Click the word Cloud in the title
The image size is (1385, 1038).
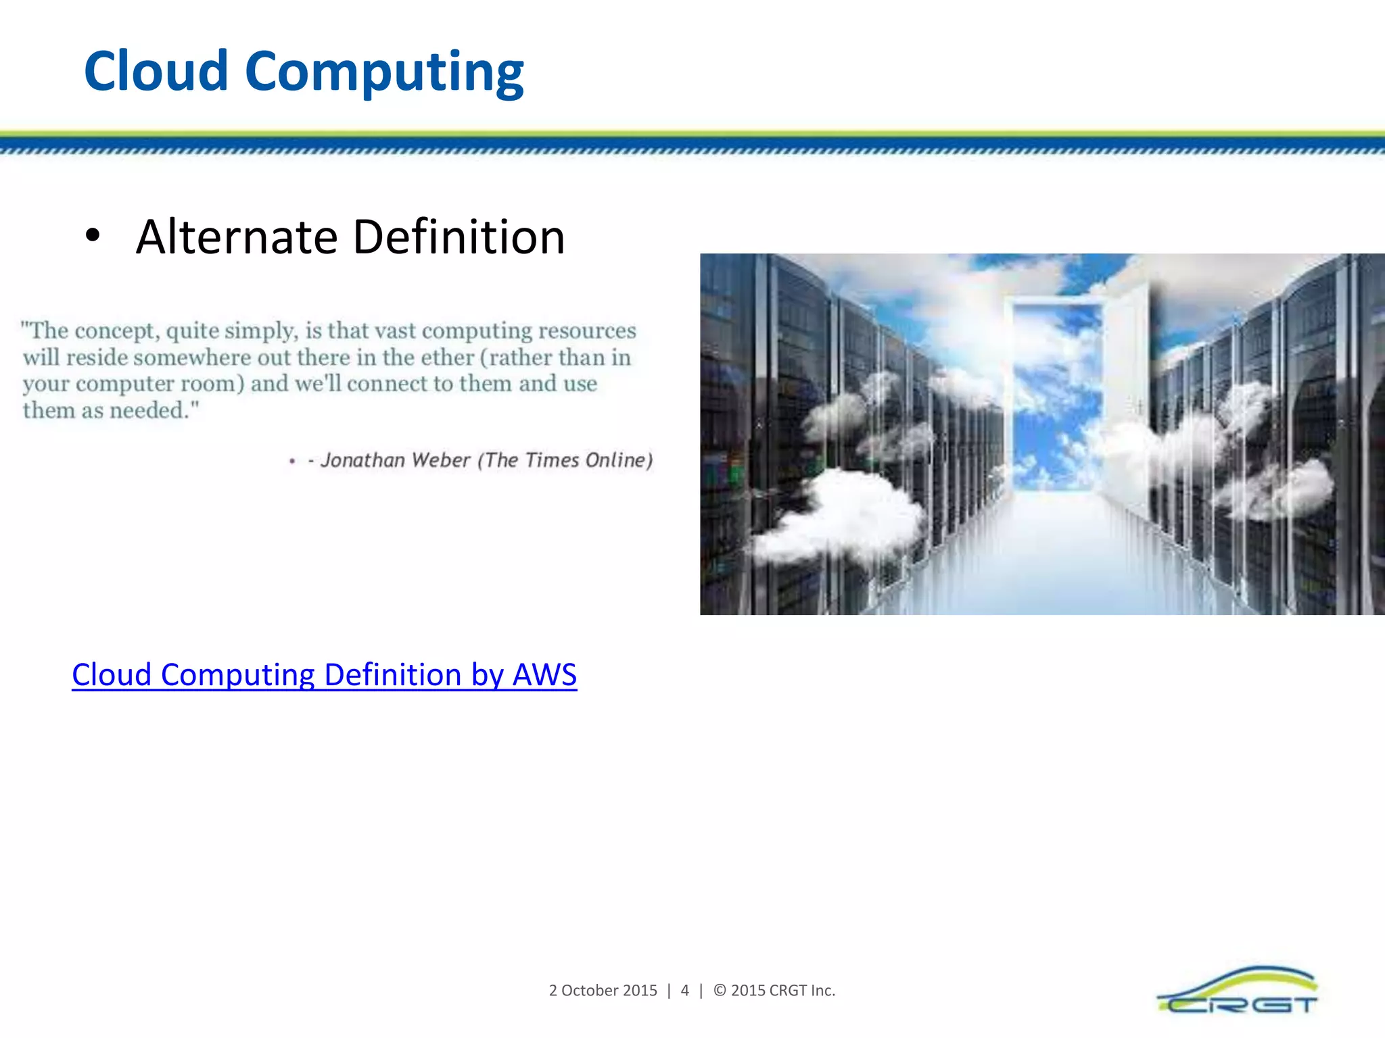pyautogui.click(x=156, y=71)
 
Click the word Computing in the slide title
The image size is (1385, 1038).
pyautogui.click(x=384, y=73)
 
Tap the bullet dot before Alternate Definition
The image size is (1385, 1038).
pyautogui.click(x=93, y=236)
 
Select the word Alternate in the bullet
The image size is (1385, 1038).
pyautogui.click(x=237, y=237)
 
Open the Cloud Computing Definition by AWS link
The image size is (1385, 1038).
pyautogui.click(x=324, y=674)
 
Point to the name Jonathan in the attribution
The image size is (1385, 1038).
pyautogui.click(x=362, y=460)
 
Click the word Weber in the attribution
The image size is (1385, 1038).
pyautogui.click(x=440, y=460)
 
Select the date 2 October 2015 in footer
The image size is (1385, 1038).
pyautogui.click(x=603, y=991)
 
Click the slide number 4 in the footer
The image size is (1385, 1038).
pyautogui.click(x=684, y=991)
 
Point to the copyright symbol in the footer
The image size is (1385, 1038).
pyautogui.click(x=720, y=991)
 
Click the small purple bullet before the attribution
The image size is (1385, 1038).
pyautogui.click(x=292, y=462)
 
